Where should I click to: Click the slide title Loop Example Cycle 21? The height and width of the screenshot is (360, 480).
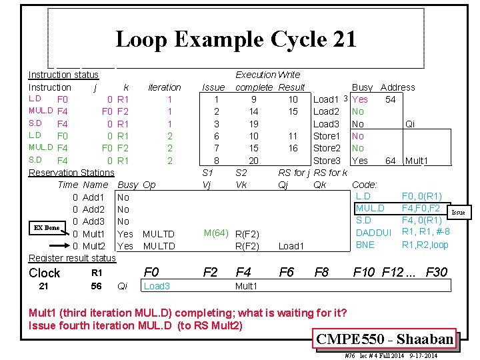pyautogui.click(x=236, y=39)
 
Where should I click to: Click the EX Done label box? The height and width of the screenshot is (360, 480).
pyautogui.click(x=47, y=228)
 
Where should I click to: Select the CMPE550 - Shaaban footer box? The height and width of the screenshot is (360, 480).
pyautogui.click(x=387, y=339)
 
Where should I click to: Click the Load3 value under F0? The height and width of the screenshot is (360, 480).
pyautogui.click(x=157, y=287)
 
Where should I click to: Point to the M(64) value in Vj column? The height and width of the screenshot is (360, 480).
pyautogui.click(x=217, y=233)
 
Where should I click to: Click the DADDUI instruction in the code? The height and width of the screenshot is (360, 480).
pyautogui.click(x=374, y=233)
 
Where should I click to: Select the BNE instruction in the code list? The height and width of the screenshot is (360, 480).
pyautogui.click(x=365, y=245)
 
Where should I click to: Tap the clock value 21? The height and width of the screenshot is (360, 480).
pyautogui.click(x=44, y=287)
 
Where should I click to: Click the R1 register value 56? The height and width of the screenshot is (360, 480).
pyautogui.click(x=97, y=287)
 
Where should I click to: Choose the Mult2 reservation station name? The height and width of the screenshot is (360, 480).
pyautogui.click(x=94, y=246)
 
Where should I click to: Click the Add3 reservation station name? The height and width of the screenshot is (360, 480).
pyautogui.click(x=93, y=221)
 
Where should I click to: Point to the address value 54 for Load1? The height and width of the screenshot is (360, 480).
pyautogui.click(x=391, y=99)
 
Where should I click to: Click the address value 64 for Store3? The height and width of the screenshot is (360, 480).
pyautogui.click(x=391, y=161)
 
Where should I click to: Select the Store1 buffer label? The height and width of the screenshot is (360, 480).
pyautogui.click(x=327, y=136)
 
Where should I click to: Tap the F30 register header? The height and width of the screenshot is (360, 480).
pyautogui.click(x=437, y=272)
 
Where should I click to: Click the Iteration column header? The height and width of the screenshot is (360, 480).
pyautogui.click(x=164, y=87)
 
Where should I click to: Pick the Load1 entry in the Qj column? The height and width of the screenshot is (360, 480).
pyautogui.click(x=291, y=246)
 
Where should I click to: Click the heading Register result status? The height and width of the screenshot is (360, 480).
pyautogui.click(x=72, y=258)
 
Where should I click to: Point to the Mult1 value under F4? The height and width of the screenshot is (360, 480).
pyautogui.click(x=247, y=287)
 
